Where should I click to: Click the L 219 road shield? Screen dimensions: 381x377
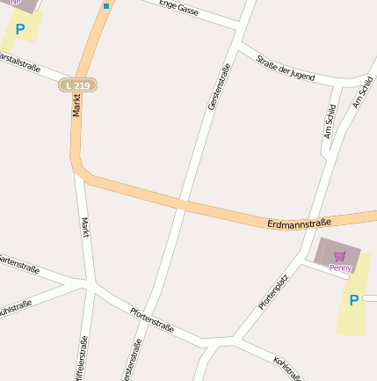pyautogui.click(x=78, y=84)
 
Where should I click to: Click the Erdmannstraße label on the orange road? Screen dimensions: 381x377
pyautogui.click(x=298, y=224)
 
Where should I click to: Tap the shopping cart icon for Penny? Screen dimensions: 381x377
pyautogui.click(x=339, y=255)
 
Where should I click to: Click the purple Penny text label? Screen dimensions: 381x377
pyautogui.click(x=340, y=267)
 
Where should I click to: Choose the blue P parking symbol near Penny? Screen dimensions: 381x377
pyautogui.click(x=354, y=301)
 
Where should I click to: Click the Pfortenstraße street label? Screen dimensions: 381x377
pyautogui.click(x=151, y=321)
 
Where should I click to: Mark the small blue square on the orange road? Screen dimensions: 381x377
pyautogui.click(x=106, y=6)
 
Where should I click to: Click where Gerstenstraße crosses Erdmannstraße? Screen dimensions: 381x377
pyautogui.click(x=183, y=204)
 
